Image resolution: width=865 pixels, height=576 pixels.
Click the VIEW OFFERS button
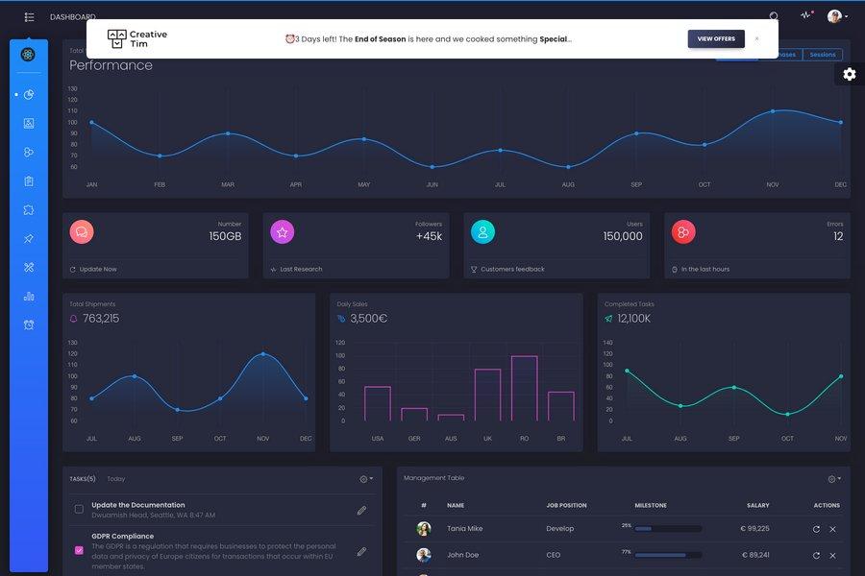[716, 38]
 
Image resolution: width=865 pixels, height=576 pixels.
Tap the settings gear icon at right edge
[849, 75]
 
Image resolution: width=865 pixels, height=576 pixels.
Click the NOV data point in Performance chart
[773, 111]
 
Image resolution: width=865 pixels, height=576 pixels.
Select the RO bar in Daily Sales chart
[524, 388]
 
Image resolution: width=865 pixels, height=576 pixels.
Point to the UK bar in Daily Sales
[487, 395]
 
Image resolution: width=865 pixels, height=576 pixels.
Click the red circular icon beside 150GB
[82, 231]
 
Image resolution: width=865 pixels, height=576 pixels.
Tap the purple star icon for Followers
[282, 231]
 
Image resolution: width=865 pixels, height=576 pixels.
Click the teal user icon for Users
[482, 231]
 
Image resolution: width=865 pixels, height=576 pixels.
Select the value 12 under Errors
[838, 236]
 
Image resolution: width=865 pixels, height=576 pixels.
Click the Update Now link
[97, 270]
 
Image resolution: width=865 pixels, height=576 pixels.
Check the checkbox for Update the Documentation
[79, 509]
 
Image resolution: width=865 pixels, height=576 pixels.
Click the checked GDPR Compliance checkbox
[79, 550]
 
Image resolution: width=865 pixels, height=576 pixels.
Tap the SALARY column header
[757, 505]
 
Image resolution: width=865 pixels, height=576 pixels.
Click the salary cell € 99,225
[754, 529]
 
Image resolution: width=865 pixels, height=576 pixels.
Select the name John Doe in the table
[462, 555]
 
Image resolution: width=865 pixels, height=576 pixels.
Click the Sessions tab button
[822, 55]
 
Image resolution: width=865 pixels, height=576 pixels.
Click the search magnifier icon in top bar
[774, 16]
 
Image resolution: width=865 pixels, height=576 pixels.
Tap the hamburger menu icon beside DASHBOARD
[29, 17]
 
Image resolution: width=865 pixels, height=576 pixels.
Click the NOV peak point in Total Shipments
[263, 354]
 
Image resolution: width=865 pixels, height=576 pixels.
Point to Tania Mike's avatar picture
[424, 529]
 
